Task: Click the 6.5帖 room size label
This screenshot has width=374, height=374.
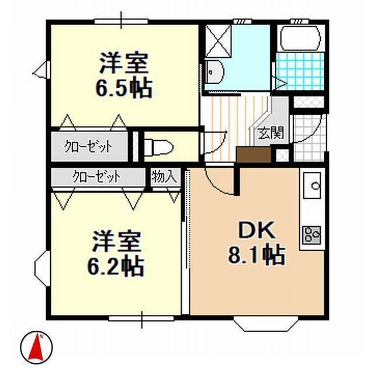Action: point(124,88)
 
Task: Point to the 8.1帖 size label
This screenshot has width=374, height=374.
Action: point(256,255)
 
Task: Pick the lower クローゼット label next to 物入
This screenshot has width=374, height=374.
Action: point(97,176)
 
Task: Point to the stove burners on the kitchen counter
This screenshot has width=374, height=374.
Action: point(311,235)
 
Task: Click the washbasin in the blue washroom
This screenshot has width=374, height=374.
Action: point(214,71)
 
